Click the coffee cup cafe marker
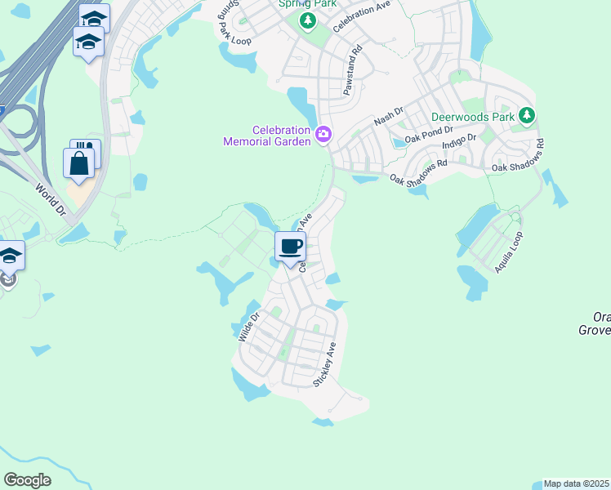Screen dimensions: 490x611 pos(290,246)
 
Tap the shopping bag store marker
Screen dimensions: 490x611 pos(79,163)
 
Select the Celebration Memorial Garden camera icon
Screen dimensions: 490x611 pos(323,134)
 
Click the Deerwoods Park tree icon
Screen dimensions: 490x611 pos(528,116)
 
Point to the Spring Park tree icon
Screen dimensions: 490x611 pos(307,21)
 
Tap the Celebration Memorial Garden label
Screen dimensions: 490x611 pos(269,136)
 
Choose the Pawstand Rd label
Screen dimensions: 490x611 pos(353,71)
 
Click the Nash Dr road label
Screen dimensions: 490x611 pos(389,115)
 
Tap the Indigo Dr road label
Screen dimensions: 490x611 pos(458,146)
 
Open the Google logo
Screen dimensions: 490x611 pos(27,480)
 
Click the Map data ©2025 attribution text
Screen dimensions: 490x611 pos(576,483)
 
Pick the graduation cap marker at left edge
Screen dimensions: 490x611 pos(10,256)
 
